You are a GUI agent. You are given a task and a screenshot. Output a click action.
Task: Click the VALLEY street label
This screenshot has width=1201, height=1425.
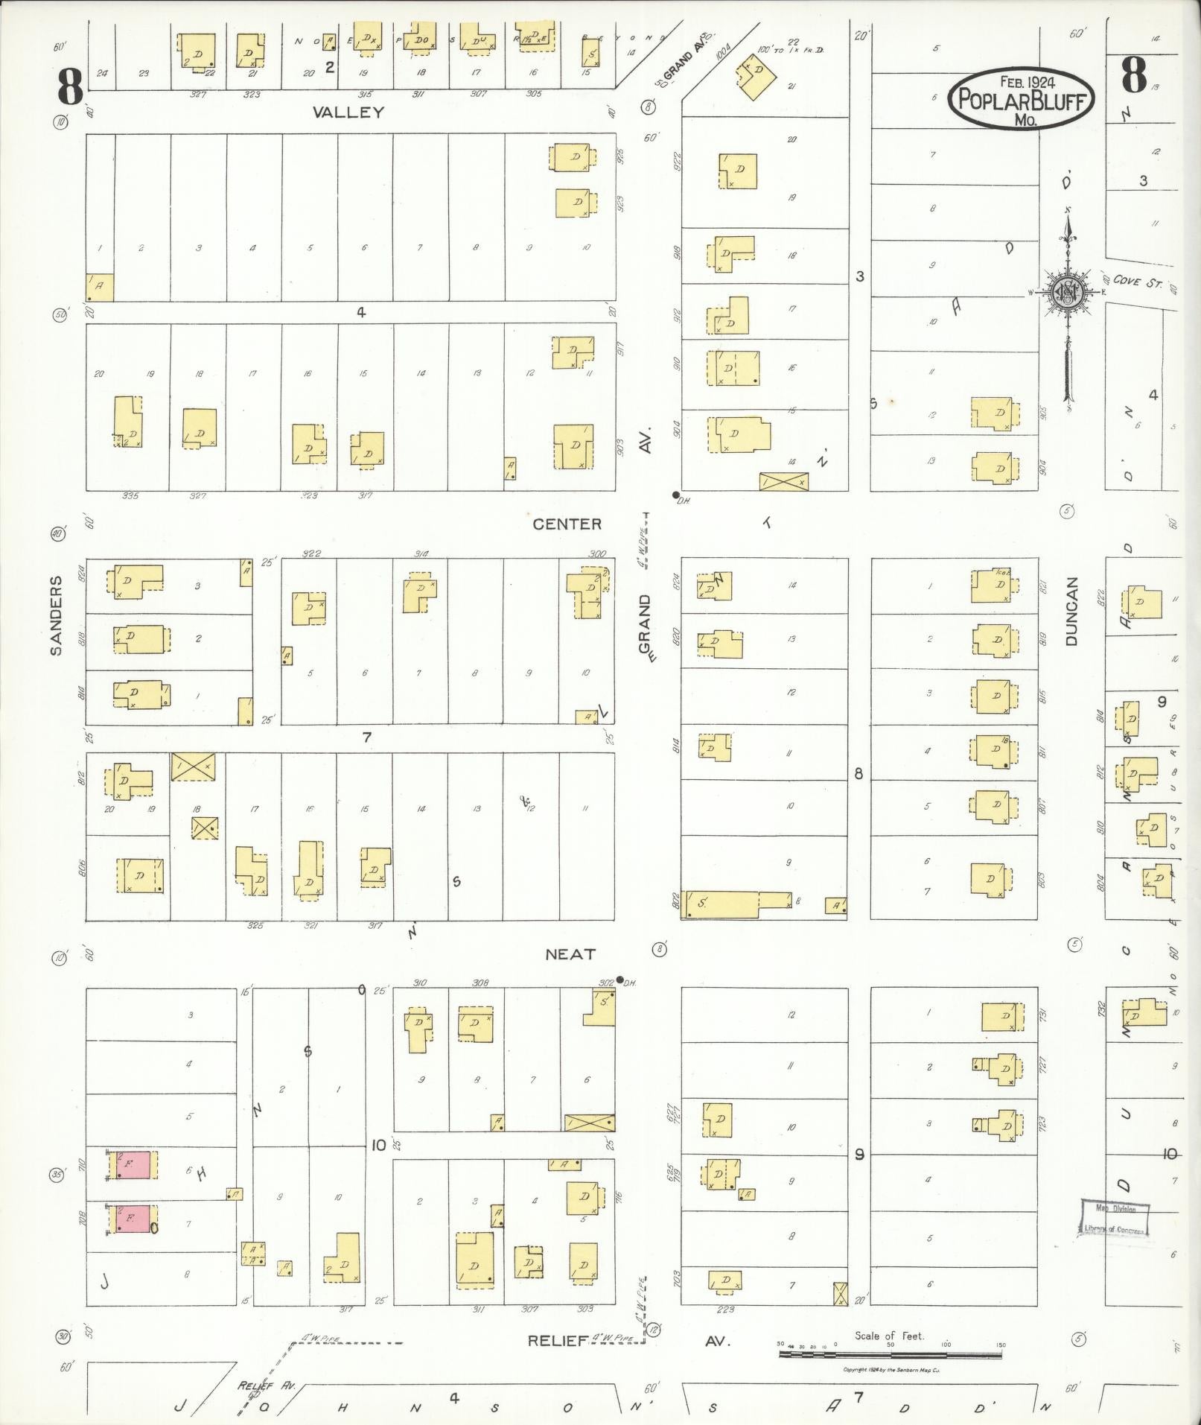click(x=348, y=112)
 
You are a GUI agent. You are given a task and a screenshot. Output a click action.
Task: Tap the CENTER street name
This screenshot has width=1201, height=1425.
click(x=567, y=524)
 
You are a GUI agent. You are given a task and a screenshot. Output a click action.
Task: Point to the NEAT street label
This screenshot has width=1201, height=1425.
click(x=570, y=954)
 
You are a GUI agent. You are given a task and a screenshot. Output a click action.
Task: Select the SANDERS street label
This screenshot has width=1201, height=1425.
click(x=55, y=625)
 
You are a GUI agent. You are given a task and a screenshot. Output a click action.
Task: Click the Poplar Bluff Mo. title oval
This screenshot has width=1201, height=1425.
click(x=1020, y=98)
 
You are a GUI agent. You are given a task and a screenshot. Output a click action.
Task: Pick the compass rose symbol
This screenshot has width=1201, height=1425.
click(x=1068, y=293)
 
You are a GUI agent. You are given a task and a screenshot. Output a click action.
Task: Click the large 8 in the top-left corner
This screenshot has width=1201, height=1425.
click(x=71, y=89)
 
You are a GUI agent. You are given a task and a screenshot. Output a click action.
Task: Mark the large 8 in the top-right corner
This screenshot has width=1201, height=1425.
click(x=1133, y=76)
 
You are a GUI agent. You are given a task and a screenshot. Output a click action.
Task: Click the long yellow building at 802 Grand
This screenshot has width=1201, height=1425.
click(x=738, y=904)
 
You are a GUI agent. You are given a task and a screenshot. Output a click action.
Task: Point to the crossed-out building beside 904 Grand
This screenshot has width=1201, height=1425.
click(x=783, y=481)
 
